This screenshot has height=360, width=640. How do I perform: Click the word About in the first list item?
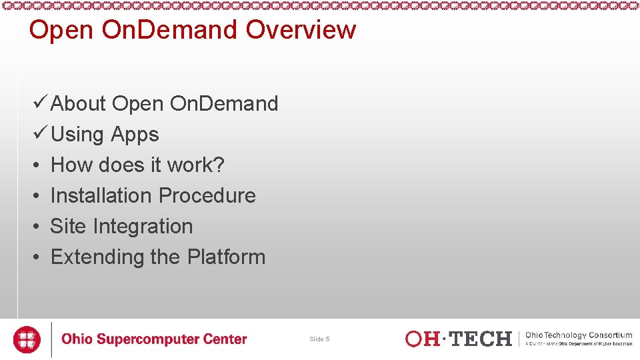[x=78, y=104]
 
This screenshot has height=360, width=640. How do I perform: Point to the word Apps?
[x=135, y=135]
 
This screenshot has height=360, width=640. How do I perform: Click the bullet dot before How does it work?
[x=39, y=165]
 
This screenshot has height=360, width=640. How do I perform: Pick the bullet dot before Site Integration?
[x=39, y=227]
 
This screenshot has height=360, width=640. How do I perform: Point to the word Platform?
[x=226, y=257]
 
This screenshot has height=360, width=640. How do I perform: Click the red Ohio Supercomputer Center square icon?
[x=27, y=339]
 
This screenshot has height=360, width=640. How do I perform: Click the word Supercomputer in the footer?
[x=149, y=340]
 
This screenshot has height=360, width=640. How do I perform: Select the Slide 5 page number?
[x=319, y=339]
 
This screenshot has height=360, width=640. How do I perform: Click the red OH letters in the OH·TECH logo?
[x=423, y=339]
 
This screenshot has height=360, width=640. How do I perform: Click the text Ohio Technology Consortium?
[x=578, y=335]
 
